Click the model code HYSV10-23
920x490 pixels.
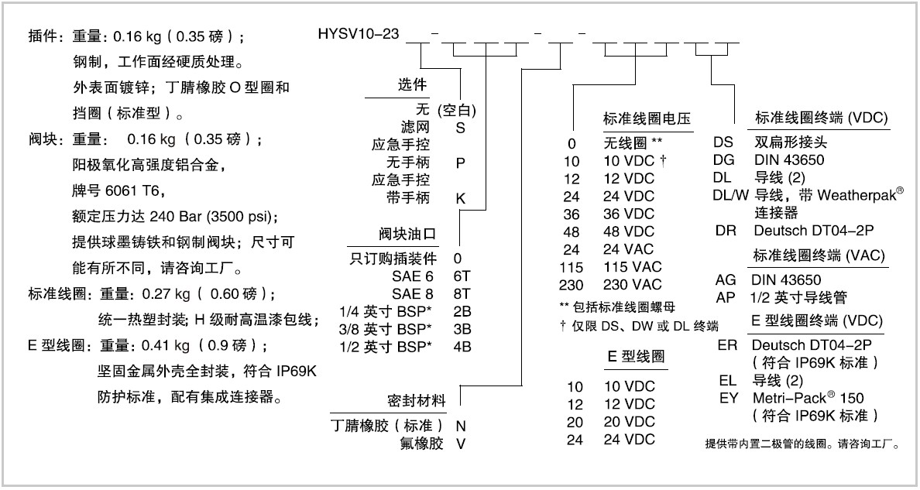359,34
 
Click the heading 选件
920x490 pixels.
412,85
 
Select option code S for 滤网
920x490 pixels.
461,128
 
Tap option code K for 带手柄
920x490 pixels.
461,198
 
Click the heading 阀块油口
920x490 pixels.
407,235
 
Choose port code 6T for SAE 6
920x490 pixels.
462,276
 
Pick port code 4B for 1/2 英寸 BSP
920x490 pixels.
462,346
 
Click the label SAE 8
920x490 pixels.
413,293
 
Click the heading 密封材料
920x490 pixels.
417,402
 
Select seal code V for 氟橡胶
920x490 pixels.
461,444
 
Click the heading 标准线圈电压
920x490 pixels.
647,118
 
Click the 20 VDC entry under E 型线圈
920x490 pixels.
630,422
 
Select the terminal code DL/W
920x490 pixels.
731,195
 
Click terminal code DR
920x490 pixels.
726,231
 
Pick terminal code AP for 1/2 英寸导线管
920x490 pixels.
726,297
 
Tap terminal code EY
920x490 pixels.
729,398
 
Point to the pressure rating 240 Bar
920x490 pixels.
176,217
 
